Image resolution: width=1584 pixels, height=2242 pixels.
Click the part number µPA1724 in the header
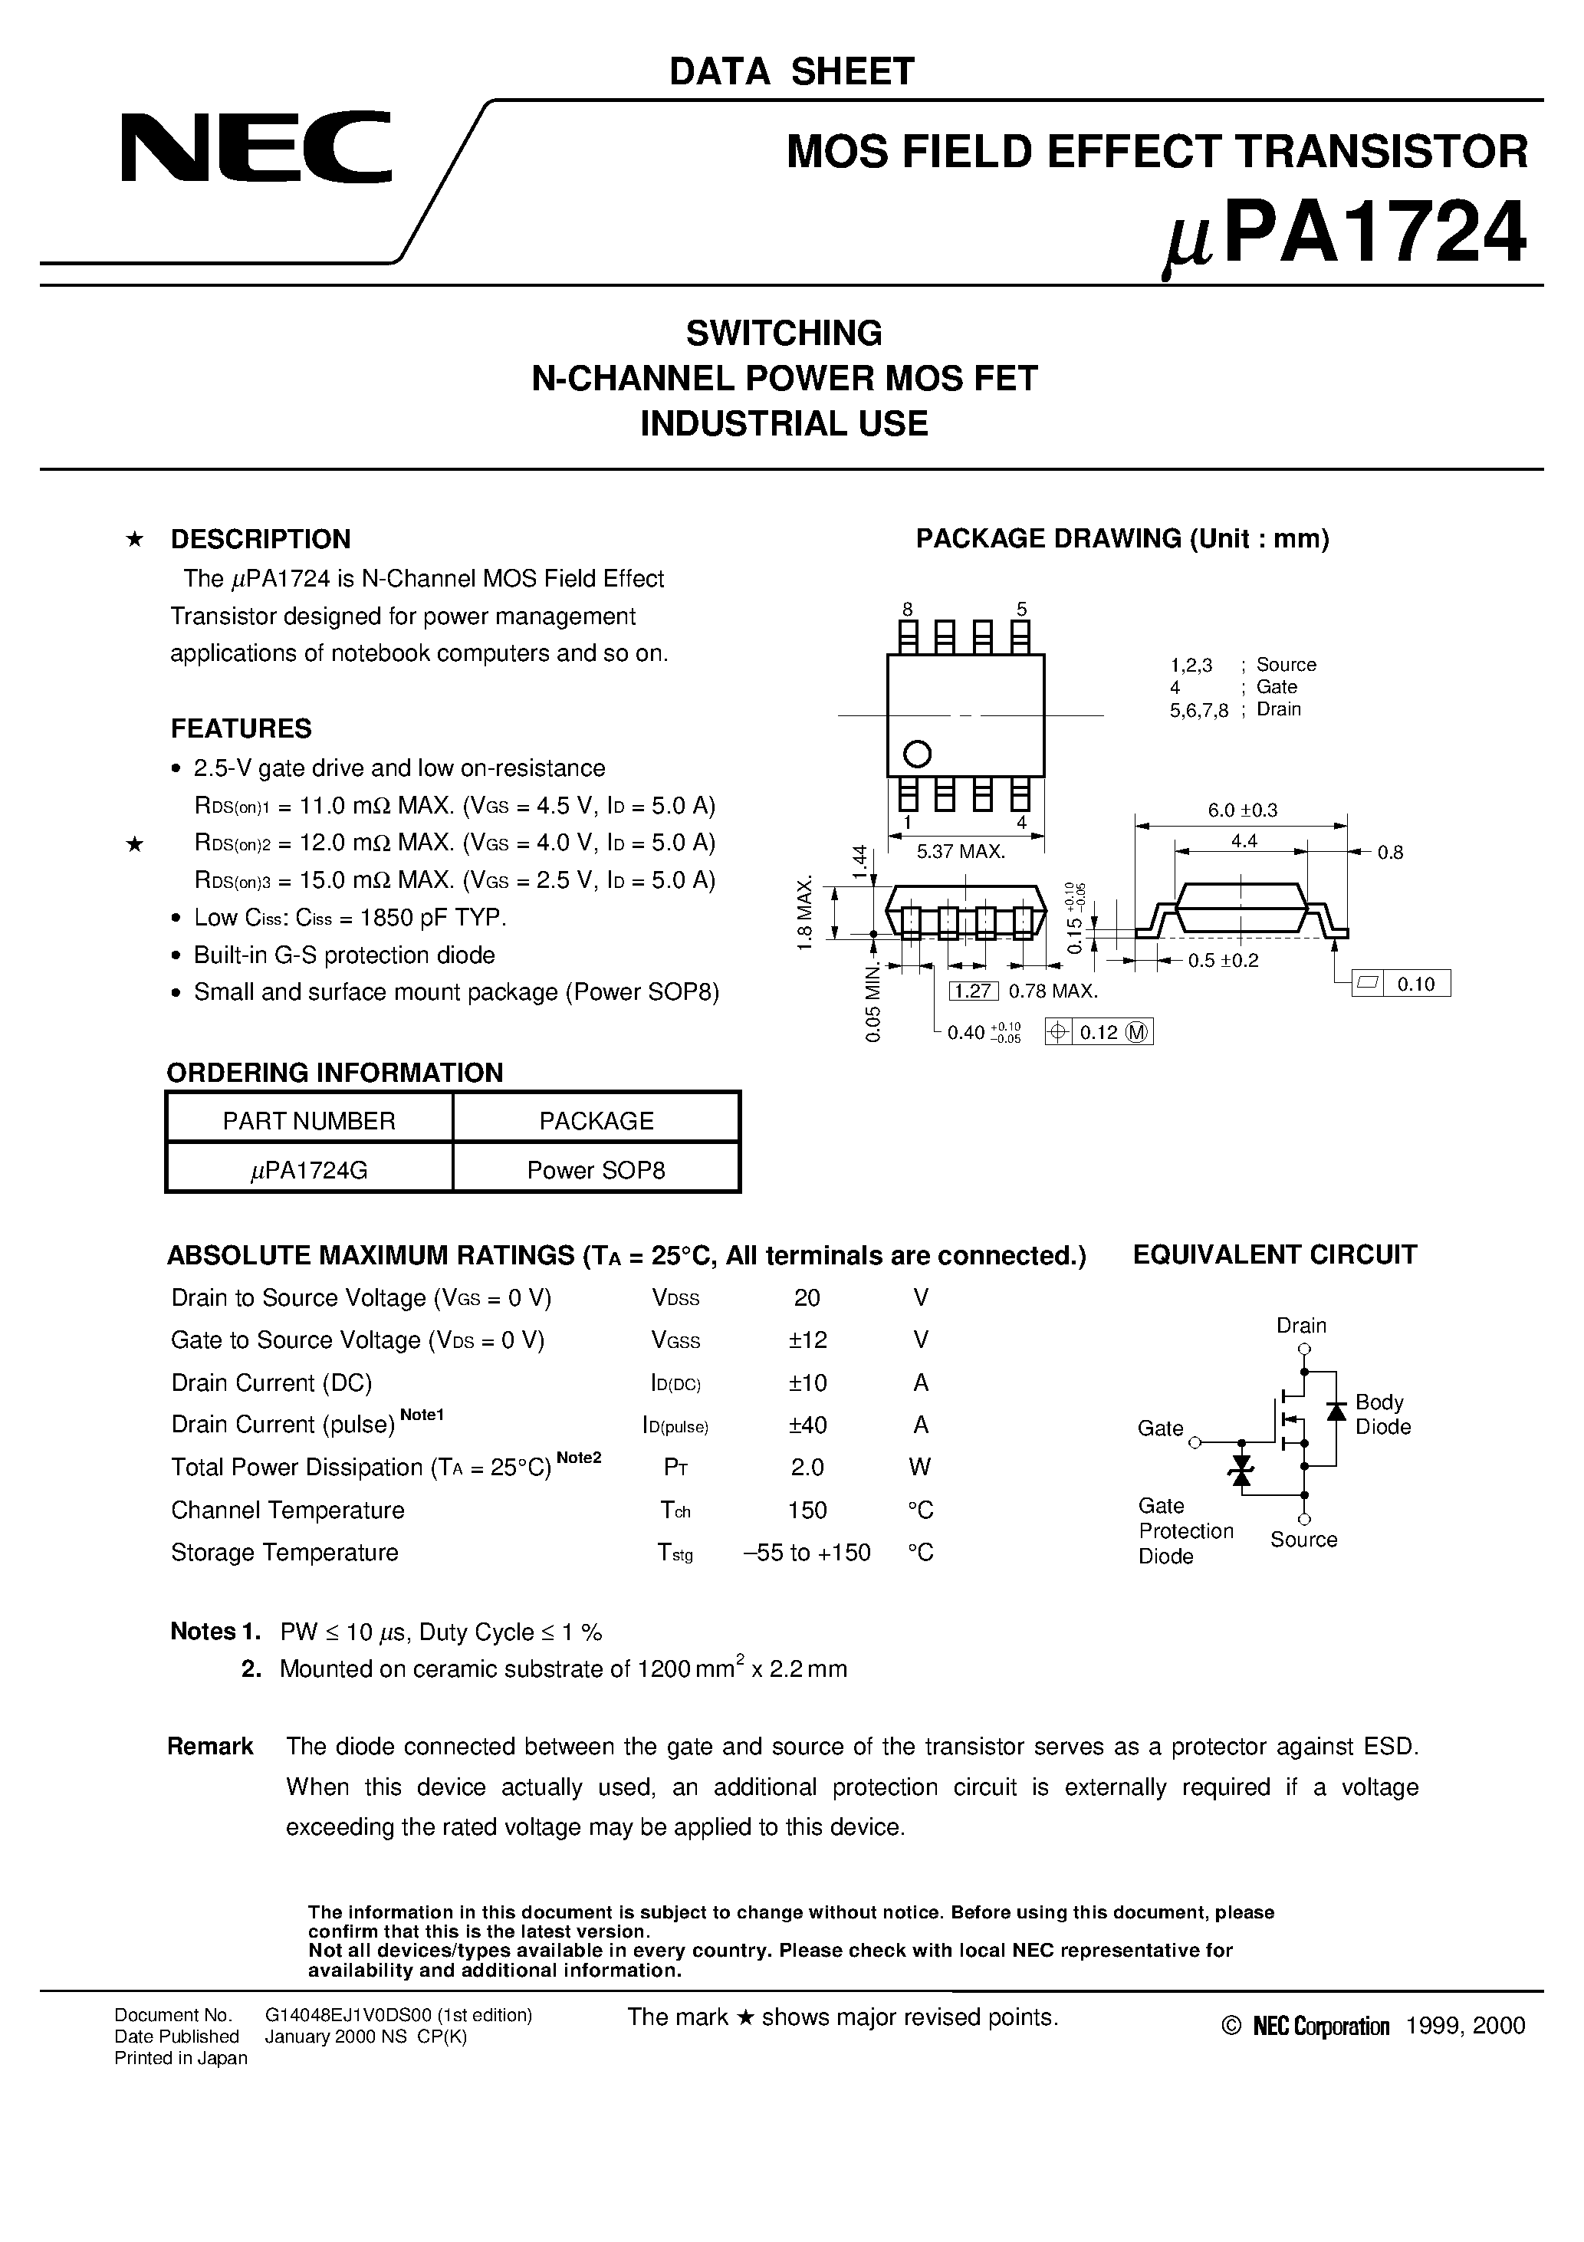pyautogui.click(x=1345, y=235)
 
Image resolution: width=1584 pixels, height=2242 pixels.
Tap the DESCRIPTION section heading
pyautogui.click(x=260, y=539)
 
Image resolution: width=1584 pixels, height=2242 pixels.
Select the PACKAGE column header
pyautogui.click(x=596, y=1120)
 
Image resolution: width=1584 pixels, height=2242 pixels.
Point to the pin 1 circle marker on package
pyautogui.click(x=916, y=754)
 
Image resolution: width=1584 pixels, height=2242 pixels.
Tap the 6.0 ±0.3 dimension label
pyautogui.click(x=1242, y=810)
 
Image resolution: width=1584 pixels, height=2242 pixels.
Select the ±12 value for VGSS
pyautogui.click(x=807, y=1340)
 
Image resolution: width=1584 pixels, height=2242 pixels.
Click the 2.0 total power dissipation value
pyautogui.click(x=807, y=1467)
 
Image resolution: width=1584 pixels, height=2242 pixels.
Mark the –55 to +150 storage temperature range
pyautogui.click(x=807, y=1553)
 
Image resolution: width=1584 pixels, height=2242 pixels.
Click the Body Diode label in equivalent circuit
pyautogui.click(x=1382, y=1414)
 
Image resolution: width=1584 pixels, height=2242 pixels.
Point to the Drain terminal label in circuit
pyautogui.click(x=1301, y=1325)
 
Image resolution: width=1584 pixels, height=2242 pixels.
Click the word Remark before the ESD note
pyautogui.click(x=210, y=1747)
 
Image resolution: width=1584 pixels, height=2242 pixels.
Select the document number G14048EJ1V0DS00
pyautogui.click(x=397, y=2014)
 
